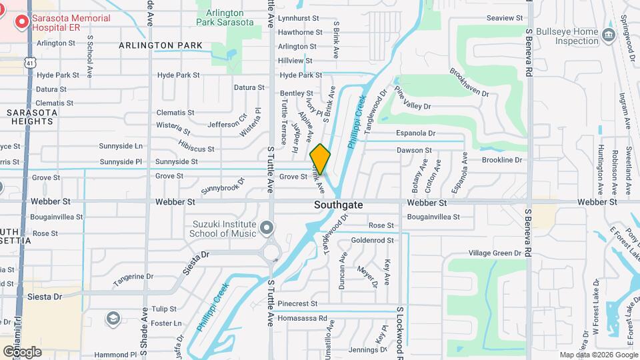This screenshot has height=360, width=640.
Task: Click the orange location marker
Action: coord(320,159)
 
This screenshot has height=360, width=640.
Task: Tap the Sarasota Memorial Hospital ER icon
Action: coord(22,23)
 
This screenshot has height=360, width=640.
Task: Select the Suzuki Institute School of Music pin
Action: coord(267,229)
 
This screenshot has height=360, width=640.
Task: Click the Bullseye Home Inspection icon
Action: coord(608,35)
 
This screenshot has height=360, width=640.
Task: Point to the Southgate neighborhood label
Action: coord(339,205)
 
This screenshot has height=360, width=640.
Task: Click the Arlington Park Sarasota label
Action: coord(225,17)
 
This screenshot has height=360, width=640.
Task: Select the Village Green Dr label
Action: coord(495,253)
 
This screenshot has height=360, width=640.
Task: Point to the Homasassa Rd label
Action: coord(304,319)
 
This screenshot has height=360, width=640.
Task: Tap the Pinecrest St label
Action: coord(298,303)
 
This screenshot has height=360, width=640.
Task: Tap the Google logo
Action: coord(22,351)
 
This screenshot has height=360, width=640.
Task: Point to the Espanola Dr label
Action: coord(415,133)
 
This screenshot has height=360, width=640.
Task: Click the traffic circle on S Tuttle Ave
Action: coord(271,252)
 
